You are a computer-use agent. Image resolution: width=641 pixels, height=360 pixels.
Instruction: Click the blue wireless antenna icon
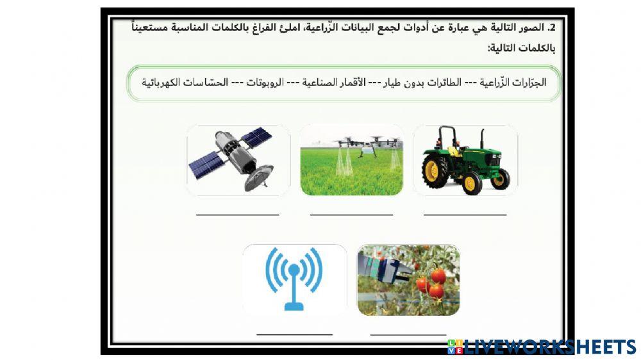tap(294, 279)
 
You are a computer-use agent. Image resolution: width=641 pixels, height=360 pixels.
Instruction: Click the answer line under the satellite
tap(238, 215)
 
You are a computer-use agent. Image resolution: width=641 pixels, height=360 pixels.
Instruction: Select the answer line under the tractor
tap(465, 215)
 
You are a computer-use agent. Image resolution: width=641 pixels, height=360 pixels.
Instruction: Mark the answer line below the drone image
tap(351, 215)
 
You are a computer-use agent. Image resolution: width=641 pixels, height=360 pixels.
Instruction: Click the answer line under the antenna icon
tap(294, 334)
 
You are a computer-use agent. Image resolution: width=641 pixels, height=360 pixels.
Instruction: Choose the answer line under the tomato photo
tap(408, 334)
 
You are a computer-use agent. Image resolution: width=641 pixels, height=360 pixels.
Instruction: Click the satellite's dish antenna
tap(260, 175)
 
